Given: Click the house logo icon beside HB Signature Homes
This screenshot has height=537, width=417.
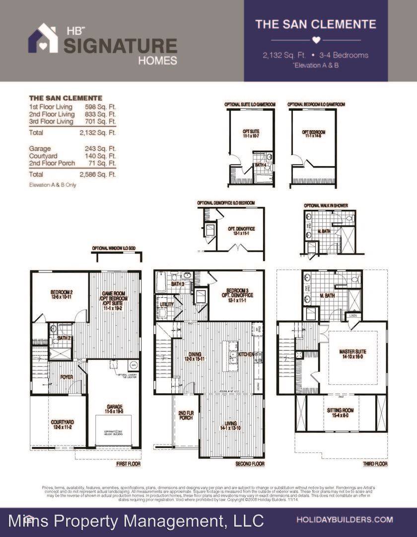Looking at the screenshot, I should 43,39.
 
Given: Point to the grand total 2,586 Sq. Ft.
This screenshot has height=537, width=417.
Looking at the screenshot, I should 97,175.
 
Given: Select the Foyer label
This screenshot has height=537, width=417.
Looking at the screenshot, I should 67,377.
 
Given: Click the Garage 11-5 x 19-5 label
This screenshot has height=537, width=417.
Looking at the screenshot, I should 114,409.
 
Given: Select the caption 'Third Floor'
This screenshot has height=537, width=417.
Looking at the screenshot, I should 374,464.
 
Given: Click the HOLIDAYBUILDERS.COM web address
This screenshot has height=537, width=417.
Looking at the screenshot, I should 345,520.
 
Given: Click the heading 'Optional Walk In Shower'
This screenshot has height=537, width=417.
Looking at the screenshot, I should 326,205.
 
